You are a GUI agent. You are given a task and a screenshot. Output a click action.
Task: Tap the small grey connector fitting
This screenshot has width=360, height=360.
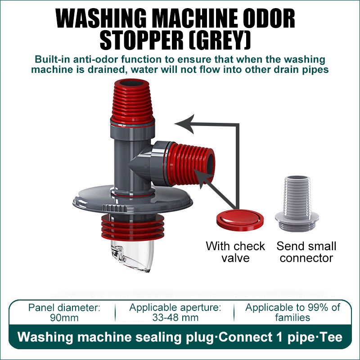tap(297, 203)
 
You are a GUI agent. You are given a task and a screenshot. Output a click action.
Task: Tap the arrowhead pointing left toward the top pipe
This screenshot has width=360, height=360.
tap(184, 124)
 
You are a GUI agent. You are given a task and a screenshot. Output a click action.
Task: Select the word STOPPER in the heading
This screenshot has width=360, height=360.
tap(141, 41)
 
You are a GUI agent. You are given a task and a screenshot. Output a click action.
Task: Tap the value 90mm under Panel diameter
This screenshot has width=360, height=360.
tap(64, 318)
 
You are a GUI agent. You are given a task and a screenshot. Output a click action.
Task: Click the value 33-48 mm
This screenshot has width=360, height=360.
tap(175, 318)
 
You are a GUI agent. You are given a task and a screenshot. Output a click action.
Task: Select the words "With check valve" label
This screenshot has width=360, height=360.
tap(235, 252)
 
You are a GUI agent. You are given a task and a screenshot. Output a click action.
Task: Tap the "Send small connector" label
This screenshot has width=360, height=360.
tap(306, 252)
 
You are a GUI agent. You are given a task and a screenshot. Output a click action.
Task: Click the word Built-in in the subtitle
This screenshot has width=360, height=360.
tap(52, 59)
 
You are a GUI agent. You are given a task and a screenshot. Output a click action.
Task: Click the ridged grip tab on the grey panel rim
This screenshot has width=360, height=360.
tap(115, 208)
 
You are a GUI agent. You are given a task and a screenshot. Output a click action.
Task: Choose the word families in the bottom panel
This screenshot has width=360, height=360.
tap(292, 318)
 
